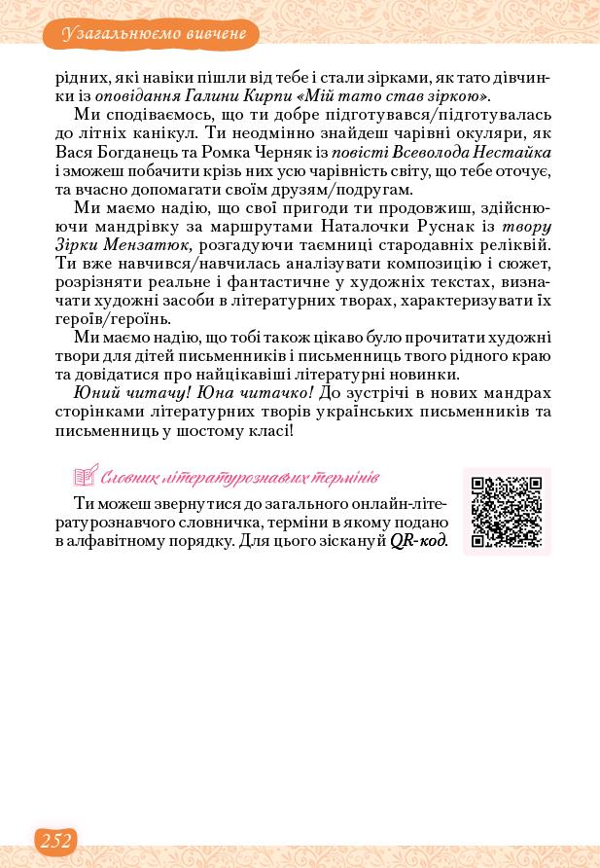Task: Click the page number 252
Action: click(55, 841)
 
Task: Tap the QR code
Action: click(507, 512)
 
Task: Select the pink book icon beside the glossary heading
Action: click(86, 477)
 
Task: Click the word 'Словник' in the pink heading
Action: click(131, 478)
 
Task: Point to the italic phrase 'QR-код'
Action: click(418, 542)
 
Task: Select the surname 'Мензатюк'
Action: click(150, 245)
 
